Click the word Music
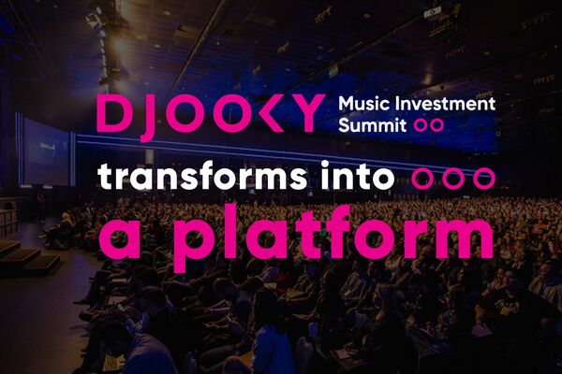coord(359,104)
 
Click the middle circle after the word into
coord(454,178)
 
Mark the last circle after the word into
coord(482,178)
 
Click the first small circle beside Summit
coord(421,123)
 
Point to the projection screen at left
coord(45,152)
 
